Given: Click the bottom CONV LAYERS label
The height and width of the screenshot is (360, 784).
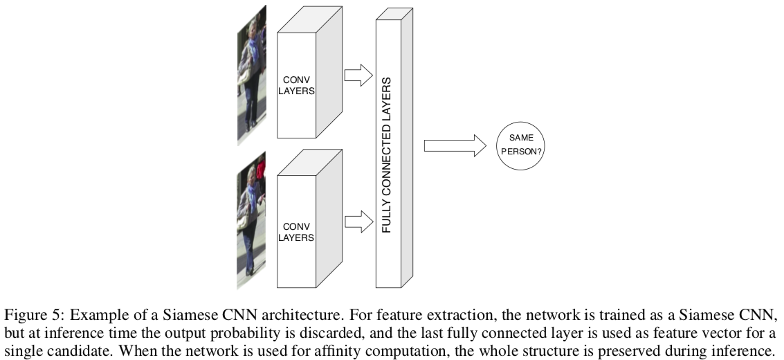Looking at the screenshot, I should click(295, 231).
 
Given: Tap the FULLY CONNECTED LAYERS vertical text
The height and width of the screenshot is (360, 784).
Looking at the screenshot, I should click(387, 155).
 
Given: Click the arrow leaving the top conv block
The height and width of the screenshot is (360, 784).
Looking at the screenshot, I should click(358, 75).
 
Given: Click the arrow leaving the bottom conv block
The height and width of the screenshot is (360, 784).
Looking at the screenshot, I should click(358, 222).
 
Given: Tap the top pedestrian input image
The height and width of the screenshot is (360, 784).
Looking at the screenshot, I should click(252, 76).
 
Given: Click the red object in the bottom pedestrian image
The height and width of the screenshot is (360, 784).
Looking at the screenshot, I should click(261, 170).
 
